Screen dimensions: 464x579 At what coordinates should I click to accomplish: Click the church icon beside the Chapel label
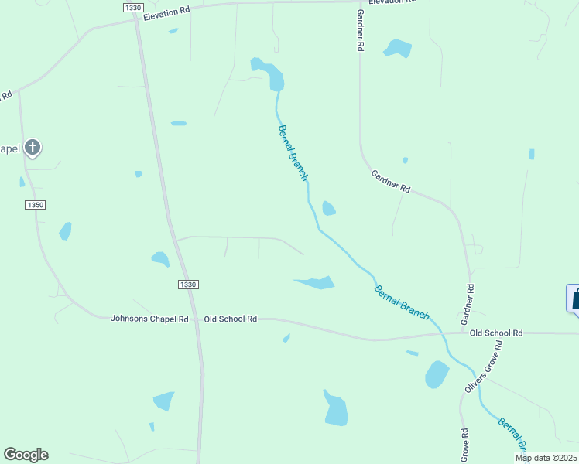[33, 147]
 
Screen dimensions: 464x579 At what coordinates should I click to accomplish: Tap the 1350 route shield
[36, 205]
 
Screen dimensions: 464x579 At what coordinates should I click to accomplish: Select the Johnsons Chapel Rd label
[149, 319]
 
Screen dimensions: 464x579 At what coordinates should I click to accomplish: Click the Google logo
[26, 455]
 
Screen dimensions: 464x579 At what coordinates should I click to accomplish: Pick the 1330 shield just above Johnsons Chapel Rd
[188, 285]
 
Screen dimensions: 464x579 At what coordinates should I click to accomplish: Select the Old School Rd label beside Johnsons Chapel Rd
[230, 319]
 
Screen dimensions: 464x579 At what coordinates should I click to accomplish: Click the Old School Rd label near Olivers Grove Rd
[496, 333]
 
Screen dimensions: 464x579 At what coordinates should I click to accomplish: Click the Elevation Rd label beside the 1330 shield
[166, 11]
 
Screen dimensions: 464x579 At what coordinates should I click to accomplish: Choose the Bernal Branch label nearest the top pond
[293, 153]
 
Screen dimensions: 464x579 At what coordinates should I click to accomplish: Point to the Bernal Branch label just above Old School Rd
[402, 302]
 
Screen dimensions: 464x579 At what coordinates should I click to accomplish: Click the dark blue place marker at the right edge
[574, 299]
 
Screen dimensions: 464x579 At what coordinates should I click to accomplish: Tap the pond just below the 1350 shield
[65, 230]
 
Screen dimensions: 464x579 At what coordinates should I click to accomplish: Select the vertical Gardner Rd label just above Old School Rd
[467, 303]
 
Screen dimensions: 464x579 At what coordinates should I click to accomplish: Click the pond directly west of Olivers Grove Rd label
[437, 374]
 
